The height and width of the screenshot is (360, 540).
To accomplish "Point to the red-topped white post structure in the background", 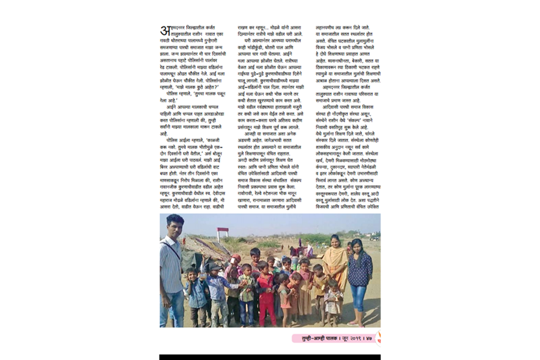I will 223,233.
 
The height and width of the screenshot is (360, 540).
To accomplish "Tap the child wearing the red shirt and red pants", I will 265,294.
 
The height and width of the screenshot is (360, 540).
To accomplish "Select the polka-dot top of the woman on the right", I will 360,268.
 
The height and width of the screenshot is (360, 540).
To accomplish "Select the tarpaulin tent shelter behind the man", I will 201,247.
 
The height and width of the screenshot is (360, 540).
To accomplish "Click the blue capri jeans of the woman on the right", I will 359,297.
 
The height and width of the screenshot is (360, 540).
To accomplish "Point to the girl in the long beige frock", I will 305,291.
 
